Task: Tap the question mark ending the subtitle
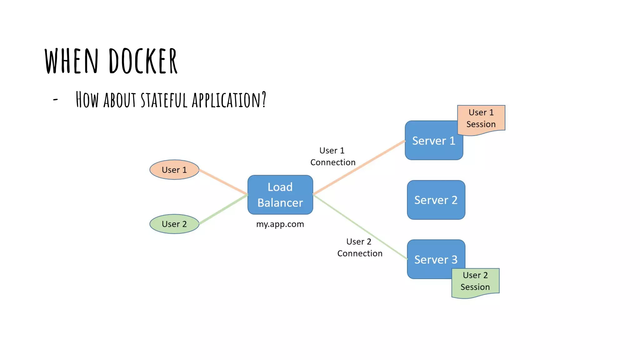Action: [264, 99]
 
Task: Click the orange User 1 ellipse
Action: [174, 170]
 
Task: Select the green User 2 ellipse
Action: [174, 224]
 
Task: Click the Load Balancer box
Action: [280, 195]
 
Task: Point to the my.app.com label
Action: [280, 224]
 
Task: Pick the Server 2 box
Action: [436, 200]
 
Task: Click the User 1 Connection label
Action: [332, 157]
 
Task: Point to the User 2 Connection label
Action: [359, 247]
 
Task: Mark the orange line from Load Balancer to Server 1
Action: [359, 167]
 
